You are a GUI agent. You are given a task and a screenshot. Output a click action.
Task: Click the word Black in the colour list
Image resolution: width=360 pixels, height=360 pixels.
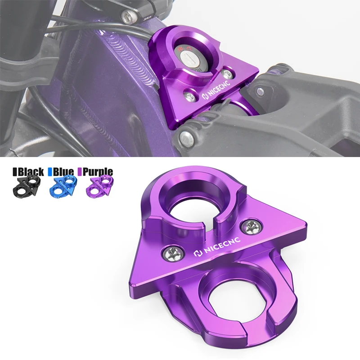coord(31,171)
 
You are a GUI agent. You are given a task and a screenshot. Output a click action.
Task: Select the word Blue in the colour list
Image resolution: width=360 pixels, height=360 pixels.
coord(64,171)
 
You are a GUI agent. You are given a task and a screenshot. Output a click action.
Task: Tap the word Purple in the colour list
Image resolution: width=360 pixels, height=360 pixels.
coord(97,171)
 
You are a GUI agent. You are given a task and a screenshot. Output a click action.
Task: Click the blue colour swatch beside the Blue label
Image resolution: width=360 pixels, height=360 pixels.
coord(51,171)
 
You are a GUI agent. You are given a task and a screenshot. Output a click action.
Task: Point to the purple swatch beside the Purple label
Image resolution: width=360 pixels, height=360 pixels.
coord(80,171)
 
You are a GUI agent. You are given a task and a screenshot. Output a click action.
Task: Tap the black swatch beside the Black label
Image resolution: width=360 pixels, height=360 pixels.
coord(14,171)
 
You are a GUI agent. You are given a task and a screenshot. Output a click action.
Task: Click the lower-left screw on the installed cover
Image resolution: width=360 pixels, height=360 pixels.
coord(190,95)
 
